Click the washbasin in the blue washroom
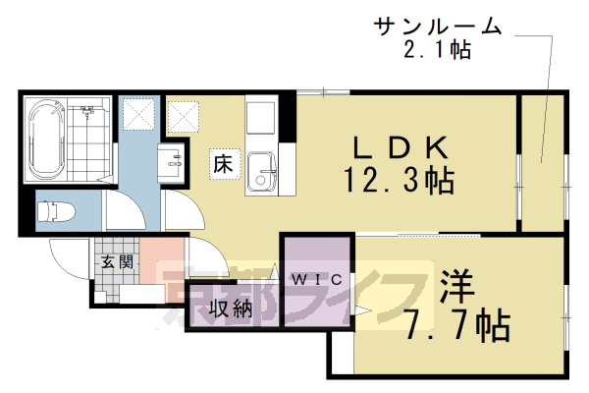(x=175, y=161)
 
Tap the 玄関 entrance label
(x=116, y=262)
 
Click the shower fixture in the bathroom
(x=89, y=113)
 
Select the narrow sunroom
(x=540, y=162)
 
